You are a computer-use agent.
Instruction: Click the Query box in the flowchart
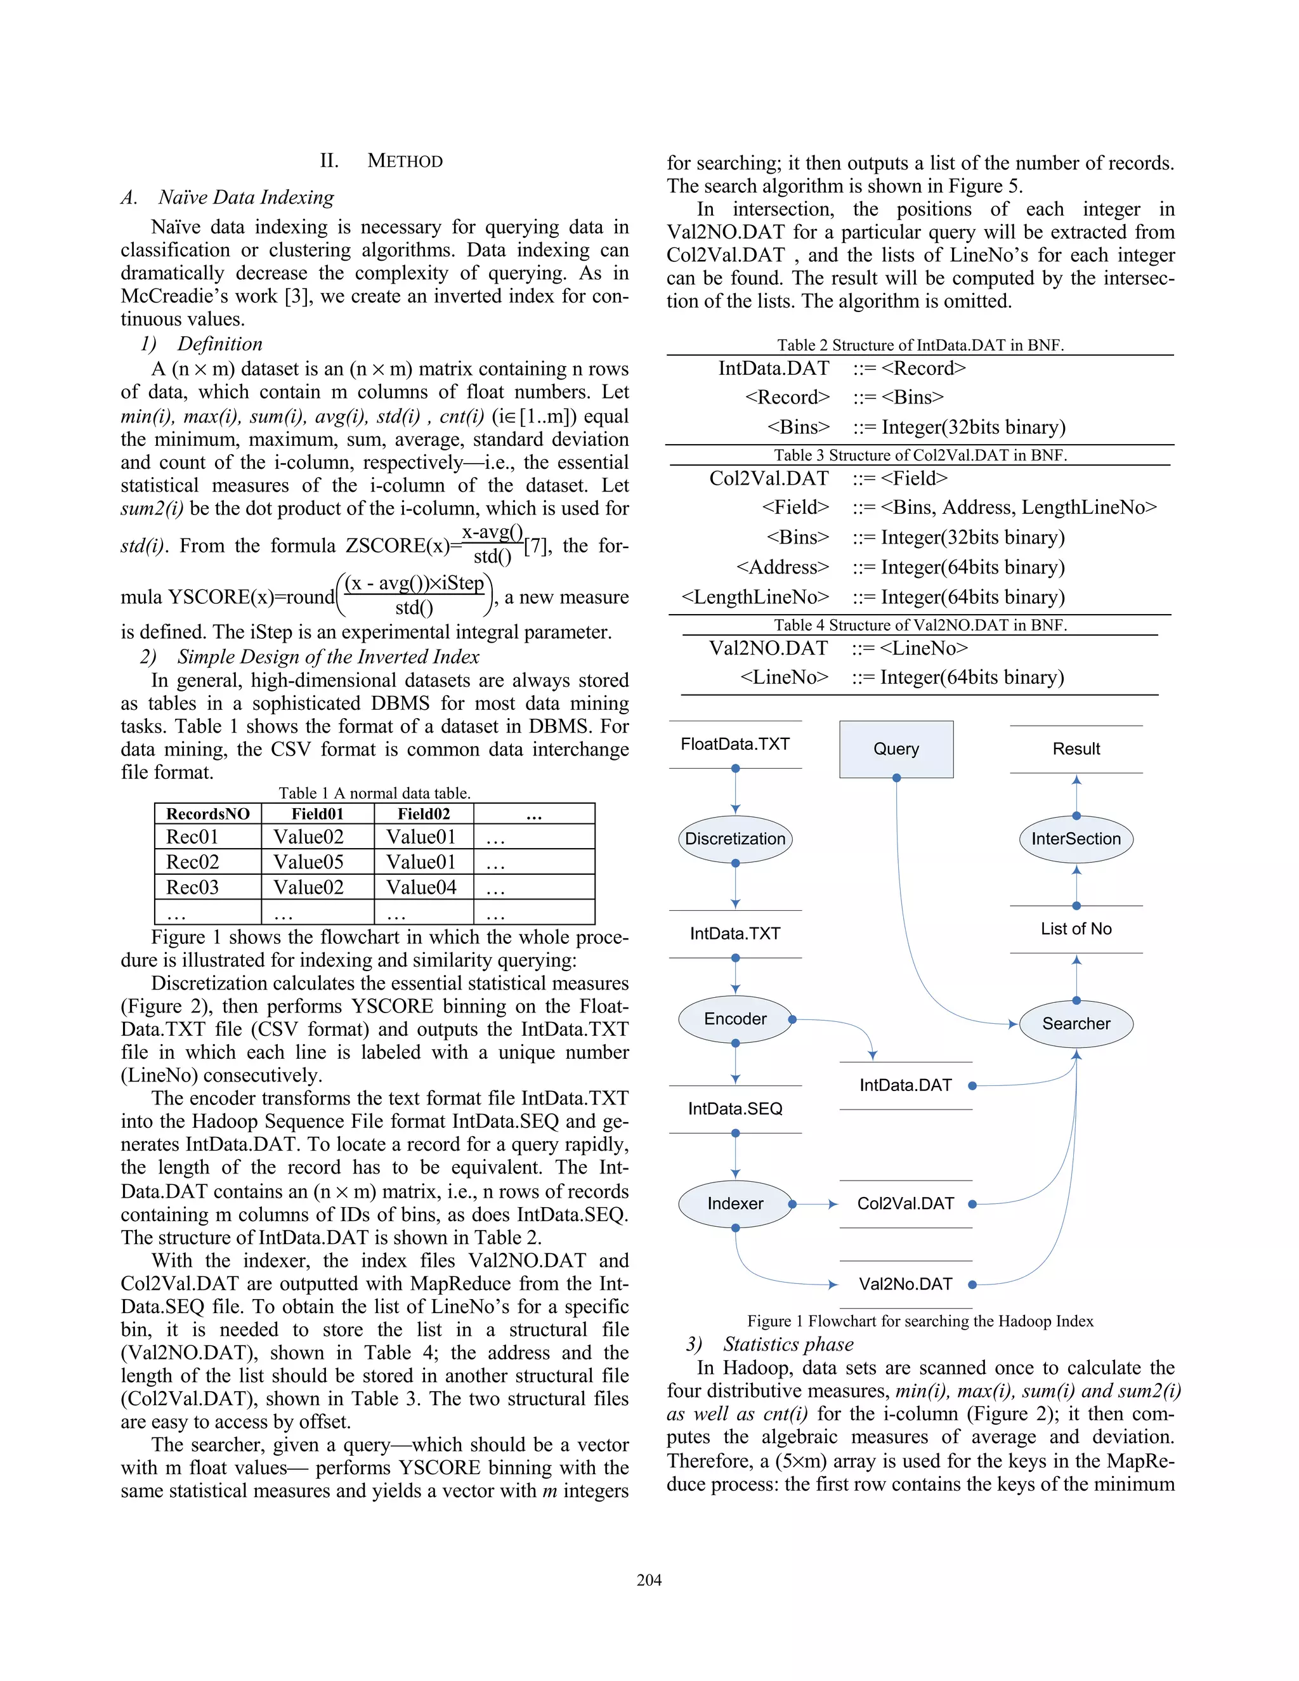896,749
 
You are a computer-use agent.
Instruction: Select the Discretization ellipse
735,839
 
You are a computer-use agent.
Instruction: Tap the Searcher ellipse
1076,1024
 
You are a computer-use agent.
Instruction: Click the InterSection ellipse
1076,839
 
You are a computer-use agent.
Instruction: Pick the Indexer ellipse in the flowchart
735,1204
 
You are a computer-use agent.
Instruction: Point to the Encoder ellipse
735,1019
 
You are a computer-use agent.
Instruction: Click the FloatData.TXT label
735,744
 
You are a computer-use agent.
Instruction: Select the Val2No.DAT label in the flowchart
905,1284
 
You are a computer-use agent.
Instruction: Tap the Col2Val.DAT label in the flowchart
905,1204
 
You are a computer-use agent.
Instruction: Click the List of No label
1076,929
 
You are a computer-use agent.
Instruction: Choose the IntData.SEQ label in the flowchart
735,1109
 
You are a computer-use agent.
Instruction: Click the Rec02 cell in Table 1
192,862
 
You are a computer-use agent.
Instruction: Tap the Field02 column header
423,814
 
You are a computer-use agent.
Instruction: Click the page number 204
649,1580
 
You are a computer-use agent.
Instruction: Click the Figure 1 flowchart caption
920,1321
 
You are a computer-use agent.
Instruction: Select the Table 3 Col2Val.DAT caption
920,455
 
